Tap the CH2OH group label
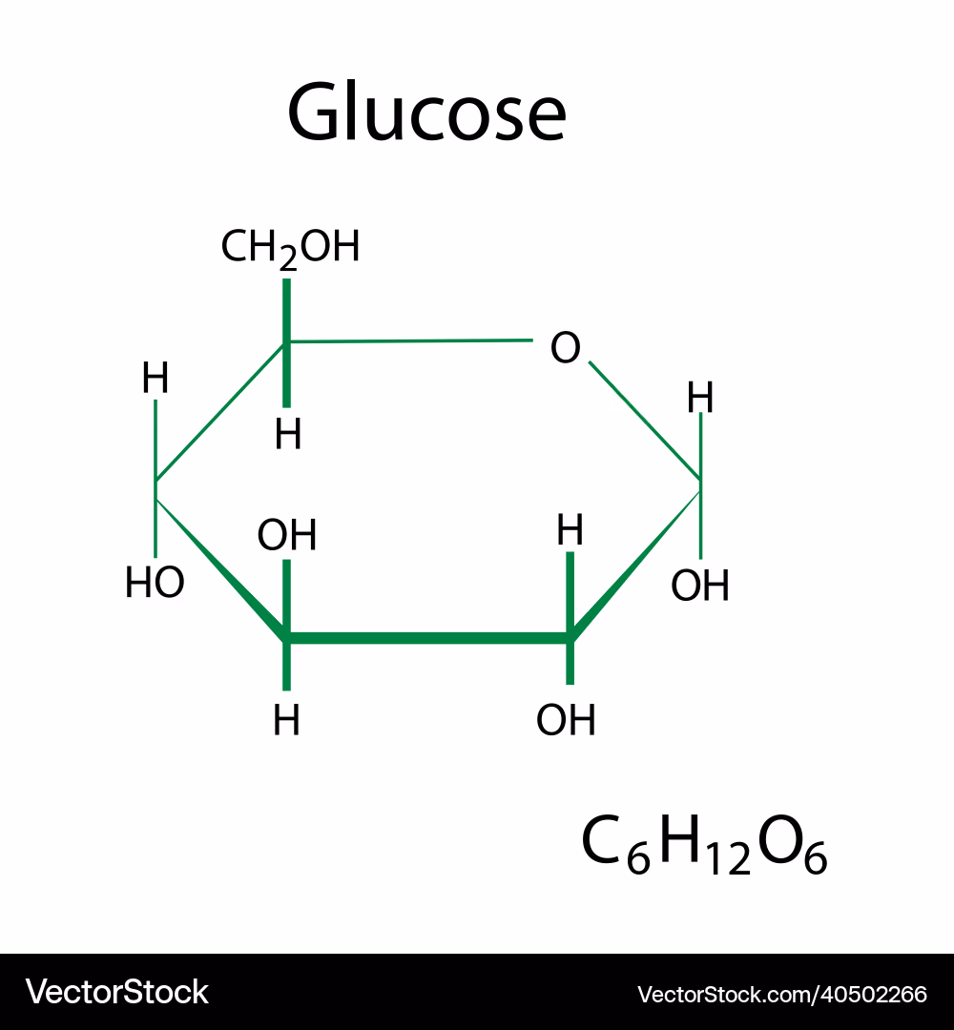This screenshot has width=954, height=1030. point(290,249)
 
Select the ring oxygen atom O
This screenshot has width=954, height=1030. point(565,347)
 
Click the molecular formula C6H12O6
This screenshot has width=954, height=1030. point(704,845)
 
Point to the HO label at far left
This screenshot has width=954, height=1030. point(156,582)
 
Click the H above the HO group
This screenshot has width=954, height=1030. point(156,378)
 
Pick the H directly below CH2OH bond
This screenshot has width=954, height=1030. point(288,434)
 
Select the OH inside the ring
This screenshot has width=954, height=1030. point(287,535)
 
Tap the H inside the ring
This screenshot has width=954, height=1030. point(570,530)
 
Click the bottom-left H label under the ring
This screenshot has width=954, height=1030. point(286,720)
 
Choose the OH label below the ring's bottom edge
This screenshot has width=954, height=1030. point(566,720)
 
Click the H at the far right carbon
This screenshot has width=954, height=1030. point(699,398)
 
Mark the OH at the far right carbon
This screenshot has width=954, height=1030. point(699,586)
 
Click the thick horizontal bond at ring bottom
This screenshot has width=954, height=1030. point(428,638)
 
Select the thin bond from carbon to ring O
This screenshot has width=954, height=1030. point(408,340)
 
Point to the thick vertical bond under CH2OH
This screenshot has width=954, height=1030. point(286,343)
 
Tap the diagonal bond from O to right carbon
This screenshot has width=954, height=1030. point(645,422)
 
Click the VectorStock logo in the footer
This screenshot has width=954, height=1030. point(117,992)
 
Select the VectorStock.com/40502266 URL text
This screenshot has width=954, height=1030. point(782,994)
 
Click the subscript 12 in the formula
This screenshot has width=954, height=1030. point(729,858)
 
